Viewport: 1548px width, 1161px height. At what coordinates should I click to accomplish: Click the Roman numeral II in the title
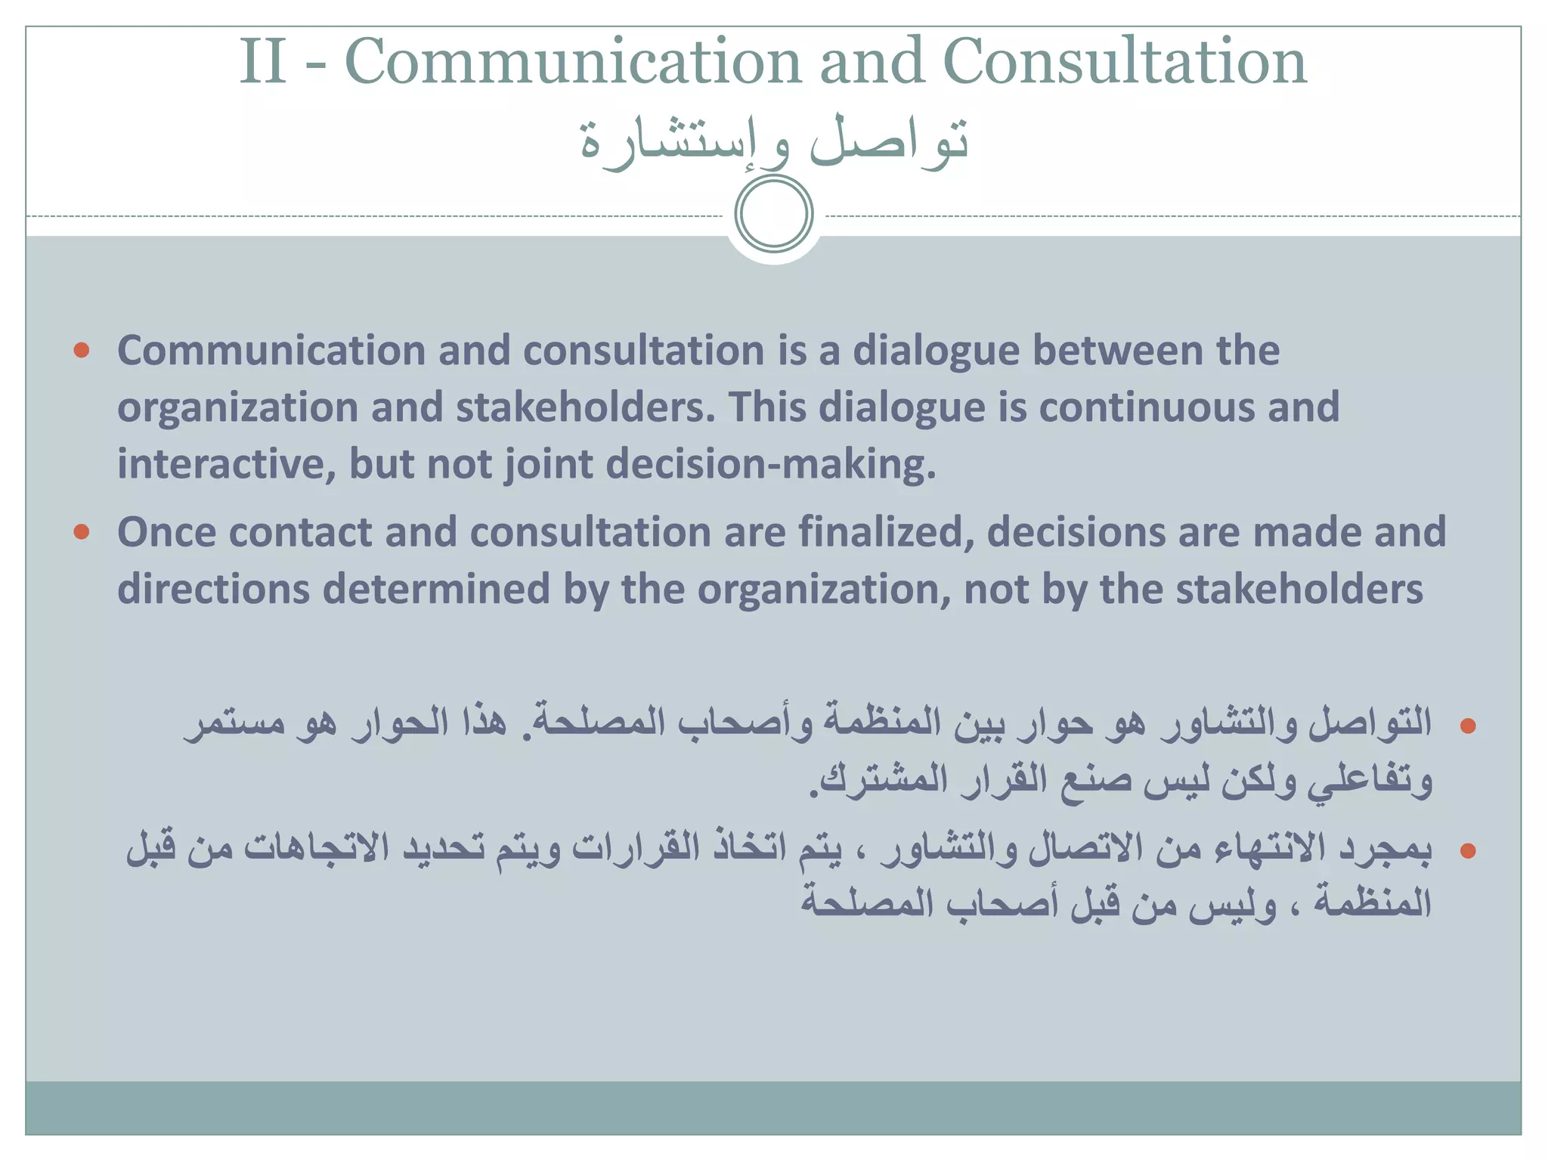pyautogui.click(x=263, y=62)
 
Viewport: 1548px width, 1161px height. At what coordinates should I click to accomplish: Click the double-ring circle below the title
pyautogui.click(x=773, y=214)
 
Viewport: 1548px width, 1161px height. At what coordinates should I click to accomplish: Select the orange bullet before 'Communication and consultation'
pyautogui.click(x=82, y=350)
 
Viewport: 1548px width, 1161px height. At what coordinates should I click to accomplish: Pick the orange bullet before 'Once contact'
pyautogui.click(x=82, y=532)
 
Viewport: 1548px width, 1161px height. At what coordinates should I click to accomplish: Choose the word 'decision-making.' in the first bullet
pyautogui.click(x=771, y=464)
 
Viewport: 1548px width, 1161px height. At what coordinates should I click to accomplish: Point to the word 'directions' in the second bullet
pyautogui.click(x=213, y=590)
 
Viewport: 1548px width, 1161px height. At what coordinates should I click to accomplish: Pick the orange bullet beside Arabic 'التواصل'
pyautogui.click(x=1468, y=726)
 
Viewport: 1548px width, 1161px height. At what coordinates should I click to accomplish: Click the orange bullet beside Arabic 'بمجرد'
pyautogui.click(x=1468, y=852)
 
